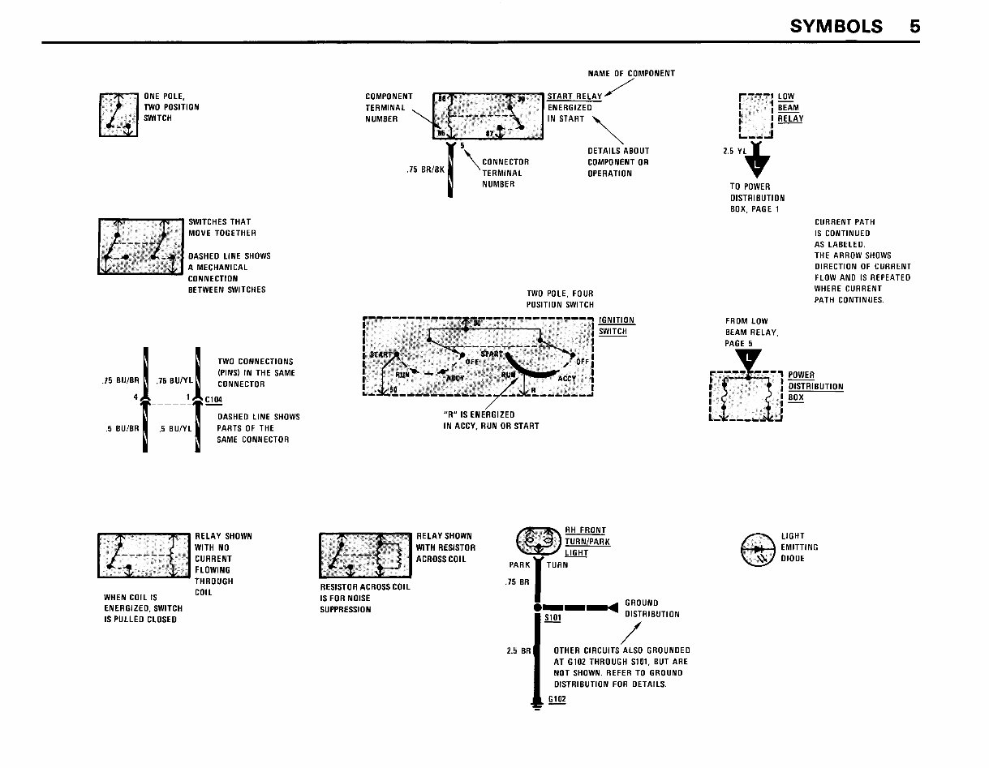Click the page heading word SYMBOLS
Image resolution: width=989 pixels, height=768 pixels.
(x=836, y=26)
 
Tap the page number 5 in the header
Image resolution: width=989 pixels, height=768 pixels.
(x=914, y=26)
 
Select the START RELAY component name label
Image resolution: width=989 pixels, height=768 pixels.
(x=574, y=97)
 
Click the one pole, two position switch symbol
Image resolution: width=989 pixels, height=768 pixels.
(x=118, y=115)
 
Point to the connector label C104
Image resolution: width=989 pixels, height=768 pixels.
(x=213, y=400)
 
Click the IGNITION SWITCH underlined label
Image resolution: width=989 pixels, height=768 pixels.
(x=617, y=325)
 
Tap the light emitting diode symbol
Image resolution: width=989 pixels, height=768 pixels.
(x=759, y=550)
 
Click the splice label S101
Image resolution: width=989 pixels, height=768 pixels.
(x=553, y=617)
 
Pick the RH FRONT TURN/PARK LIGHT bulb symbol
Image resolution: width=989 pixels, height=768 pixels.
(x=534, y=541)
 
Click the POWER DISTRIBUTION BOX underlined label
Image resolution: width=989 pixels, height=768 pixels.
(x=815, y=387)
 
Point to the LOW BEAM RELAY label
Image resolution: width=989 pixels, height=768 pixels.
(x=790, y=108)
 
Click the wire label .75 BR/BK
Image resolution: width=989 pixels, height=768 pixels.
(x=425, y=169)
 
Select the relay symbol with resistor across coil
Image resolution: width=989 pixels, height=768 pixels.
(x=366, y=556)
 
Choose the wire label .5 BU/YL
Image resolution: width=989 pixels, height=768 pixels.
(x=174, y=430)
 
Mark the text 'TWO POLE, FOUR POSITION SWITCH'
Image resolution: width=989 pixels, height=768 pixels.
(x=560, y=299)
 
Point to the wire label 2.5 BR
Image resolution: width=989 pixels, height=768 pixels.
(x=518, y=650)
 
